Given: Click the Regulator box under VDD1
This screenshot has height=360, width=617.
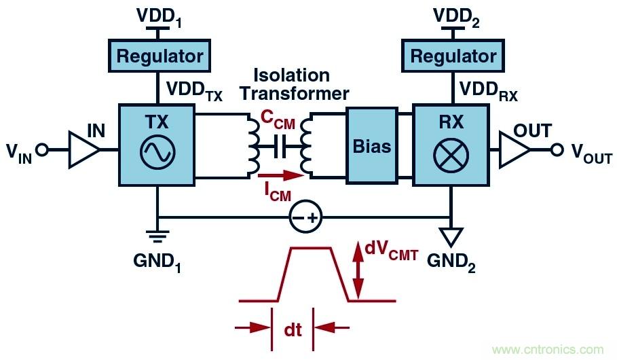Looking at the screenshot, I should (160, 55).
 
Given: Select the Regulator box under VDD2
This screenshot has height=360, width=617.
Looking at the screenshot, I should (453, 55).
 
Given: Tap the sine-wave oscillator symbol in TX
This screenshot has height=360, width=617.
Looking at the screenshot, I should (157, 151).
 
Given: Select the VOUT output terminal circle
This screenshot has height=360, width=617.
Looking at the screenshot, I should (557, 150).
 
